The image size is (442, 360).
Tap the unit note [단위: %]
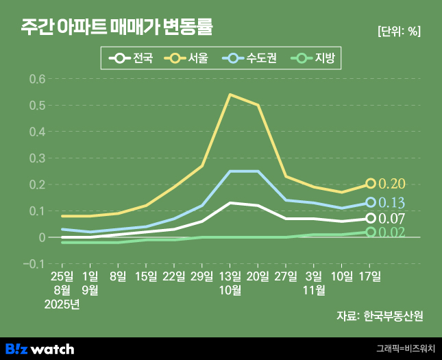[x=399, y=32]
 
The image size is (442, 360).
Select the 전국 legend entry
[x=134, y=58]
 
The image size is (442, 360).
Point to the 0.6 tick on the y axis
[x=37, y=79]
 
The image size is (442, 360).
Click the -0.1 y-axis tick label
[x=34, y=264]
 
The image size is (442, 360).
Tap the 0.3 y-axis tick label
[x=37, y=158]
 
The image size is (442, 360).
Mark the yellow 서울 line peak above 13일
[x=230, y=95]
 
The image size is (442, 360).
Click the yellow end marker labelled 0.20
[x=371, y=184]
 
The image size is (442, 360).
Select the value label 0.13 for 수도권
[x=392, y=202]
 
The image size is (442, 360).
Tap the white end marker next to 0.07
[x=371, y=218]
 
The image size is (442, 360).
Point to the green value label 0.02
[x=392, y=232]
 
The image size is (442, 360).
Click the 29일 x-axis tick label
[x=202, y=276]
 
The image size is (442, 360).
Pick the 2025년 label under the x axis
[x=62, y=304]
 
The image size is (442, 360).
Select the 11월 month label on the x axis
[x=314, y=290]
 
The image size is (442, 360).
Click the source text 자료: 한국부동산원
[x=380, y=316]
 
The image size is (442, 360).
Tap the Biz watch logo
[x=40, y=348]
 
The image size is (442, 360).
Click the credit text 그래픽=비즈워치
[x=406, y=349]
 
